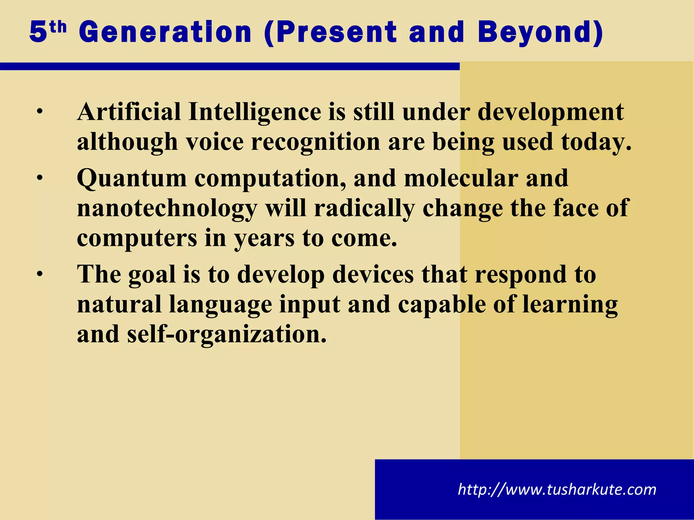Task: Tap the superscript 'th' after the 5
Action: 58,27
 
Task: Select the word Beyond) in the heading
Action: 540,32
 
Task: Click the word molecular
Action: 461,178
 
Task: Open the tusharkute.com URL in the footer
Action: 557,490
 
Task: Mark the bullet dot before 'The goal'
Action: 40,274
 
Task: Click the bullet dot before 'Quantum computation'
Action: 40,178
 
